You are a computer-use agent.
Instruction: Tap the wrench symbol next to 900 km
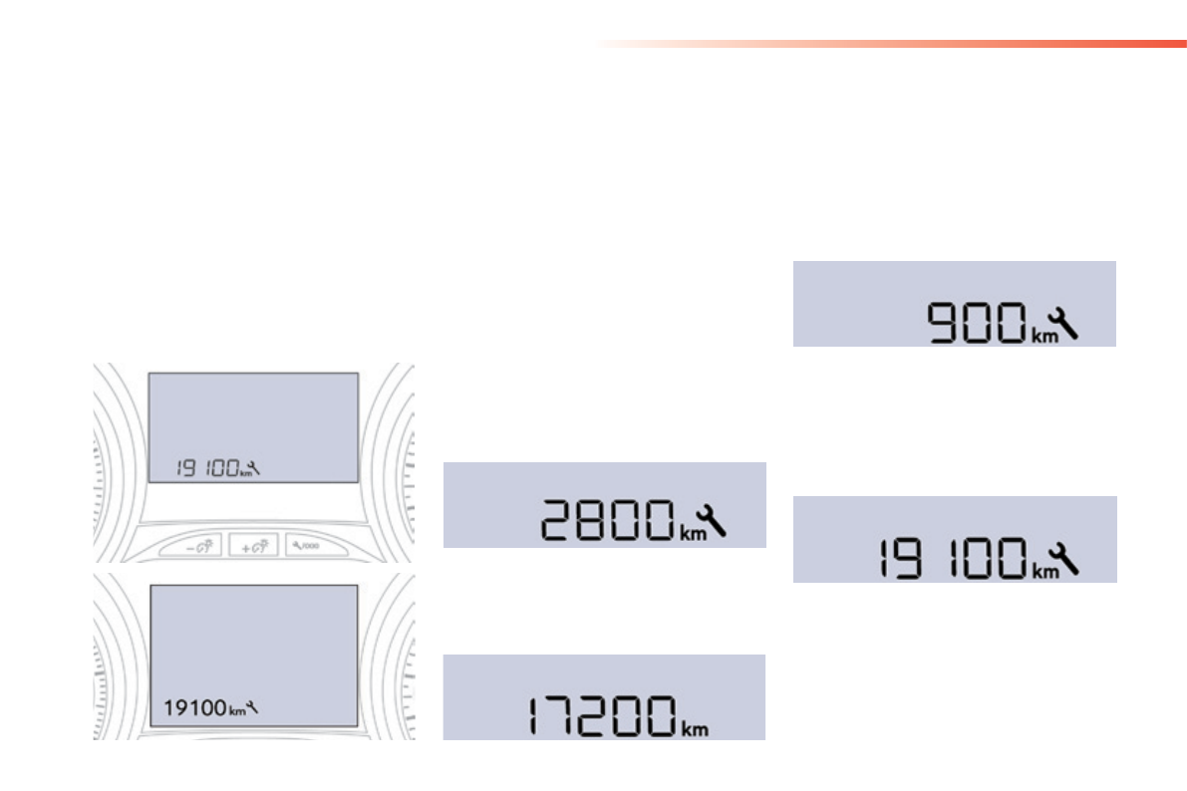coord(1065,322)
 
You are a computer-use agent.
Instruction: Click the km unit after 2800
coord(691,534)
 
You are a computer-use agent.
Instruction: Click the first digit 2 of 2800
coord(558,521)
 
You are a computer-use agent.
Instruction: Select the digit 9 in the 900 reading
coord(945,326)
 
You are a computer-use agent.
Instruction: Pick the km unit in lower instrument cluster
coord(235,711)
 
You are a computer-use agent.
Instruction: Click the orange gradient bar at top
coord(897,44)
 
